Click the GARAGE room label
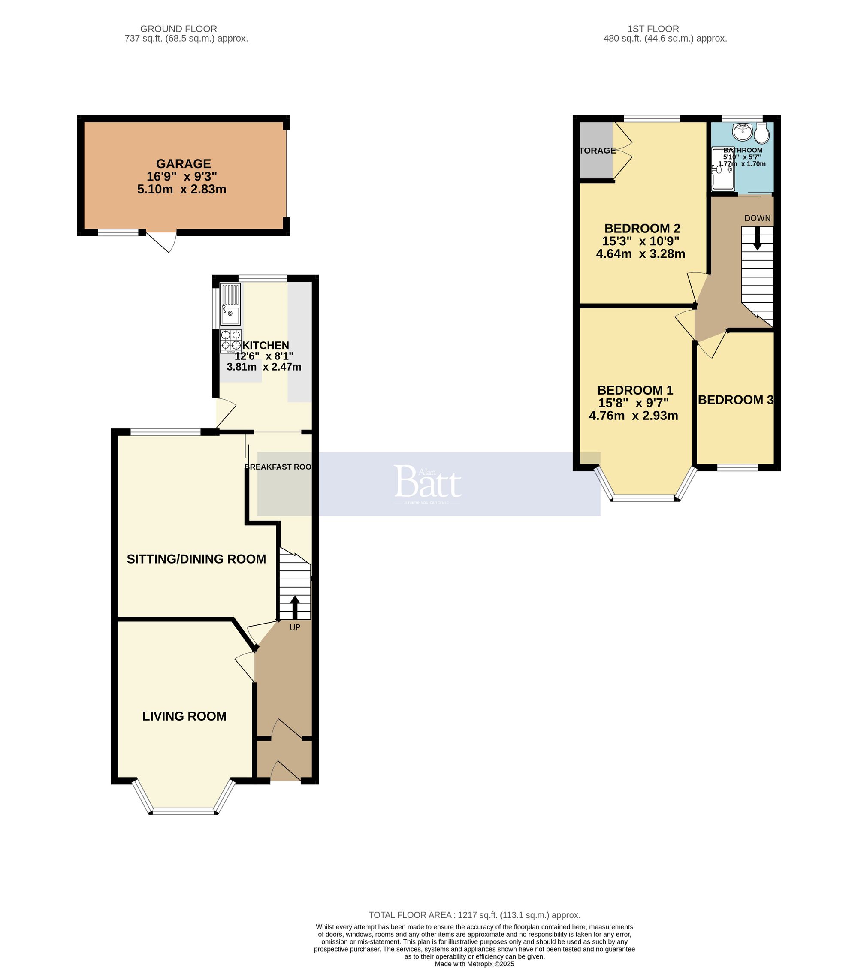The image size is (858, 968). coord(183,164)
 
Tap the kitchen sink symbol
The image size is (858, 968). coord(230,304)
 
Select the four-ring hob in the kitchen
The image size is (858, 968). coord(231,341)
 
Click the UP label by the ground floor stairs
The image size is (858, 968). coord(295,627)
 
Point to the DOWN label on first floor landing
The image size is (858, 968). coord(757,218)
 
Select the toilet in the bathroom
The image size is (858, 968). coord(761,134)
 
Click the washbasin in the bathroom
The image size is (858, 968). coord(742,132)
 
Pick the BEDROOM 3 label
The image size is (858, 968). coord(735,400)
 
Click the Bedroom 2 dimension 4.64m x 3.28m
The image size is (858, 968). coord(640,254)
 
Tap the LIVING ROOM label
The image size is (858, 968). coord(184,716)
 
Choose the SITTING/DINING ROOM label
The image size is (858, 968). coord(196,559)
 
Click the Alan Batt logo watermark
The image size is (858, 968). coord(427,483)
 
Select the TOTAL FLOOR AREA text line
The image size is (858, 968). coord(474,915)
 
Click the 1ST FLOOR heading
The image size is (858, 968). coord(653,29)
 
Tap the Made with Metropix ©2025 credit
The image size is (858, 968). coord(474,964)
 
